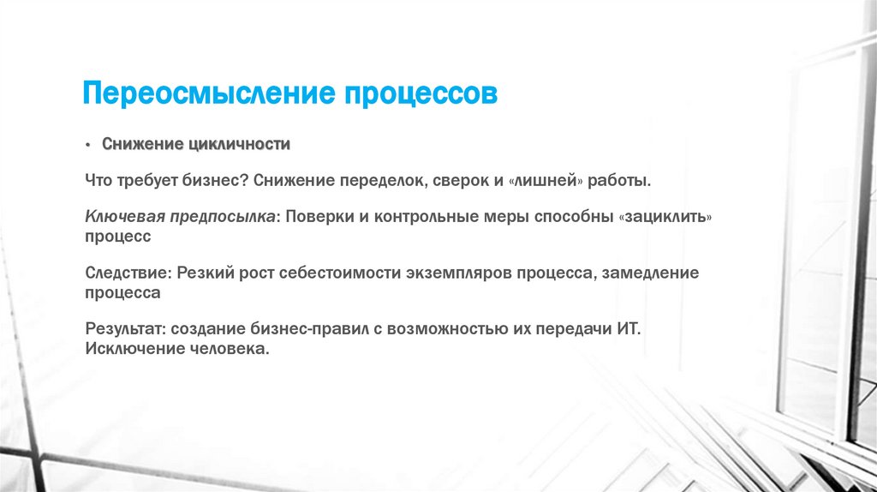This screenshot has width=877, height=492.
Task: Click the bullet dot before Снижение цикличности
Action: pyautogui.click(x=88, y=145)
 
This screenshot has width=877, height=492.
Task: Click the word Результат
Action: pyautogui.click(x=126, y=329)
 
